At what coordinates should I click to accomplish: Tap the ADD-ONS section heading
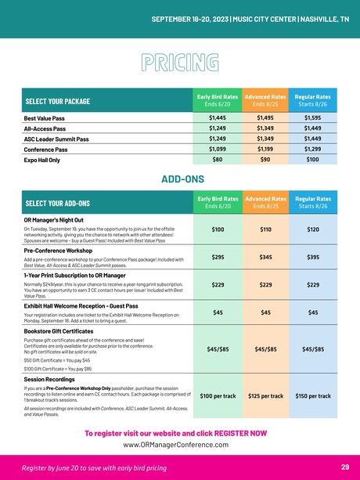(x=180, y=179)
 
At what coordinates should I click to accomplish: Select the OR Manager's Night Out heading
(x=63, y=220)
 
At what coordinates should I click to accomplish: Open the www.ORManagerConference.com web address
(x=179, y=445)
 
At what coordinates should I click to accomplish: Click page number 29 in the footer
(x=345, y=467)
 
